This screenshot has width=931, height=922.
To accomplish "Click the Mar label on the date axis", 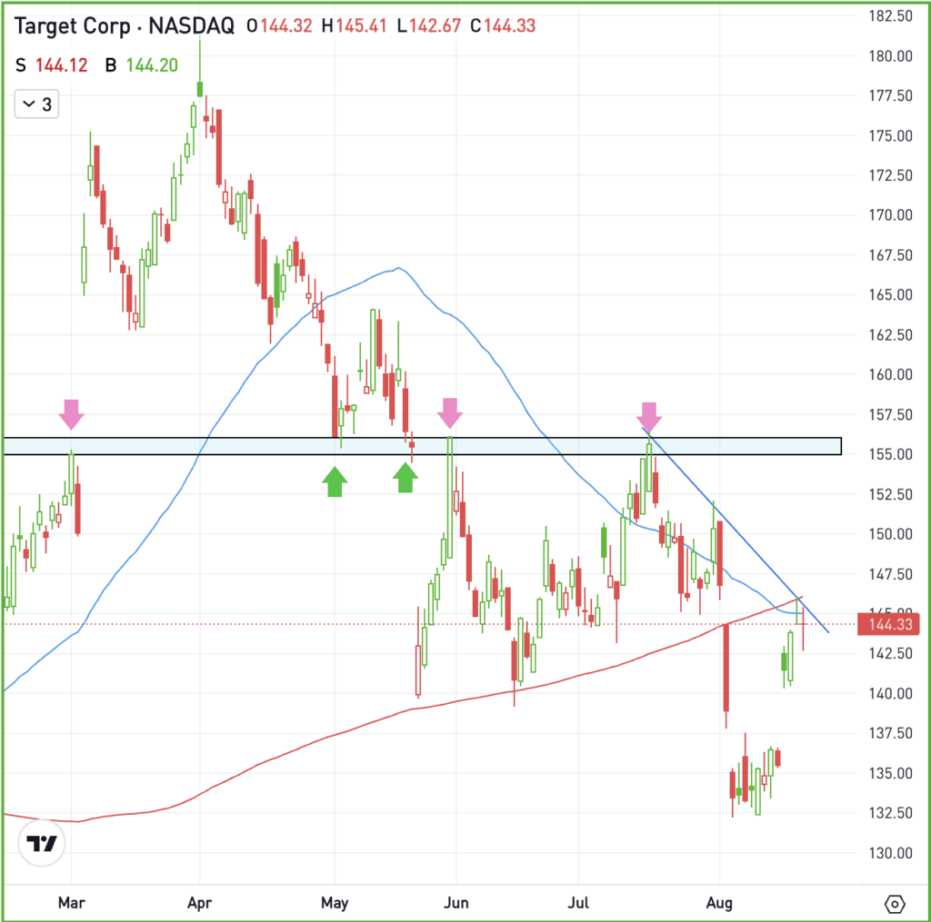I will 71,903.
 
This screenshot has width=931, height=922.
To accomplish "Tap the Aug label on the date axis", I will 719,903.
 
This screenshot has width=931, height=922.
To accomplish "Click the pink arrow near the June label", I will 449,413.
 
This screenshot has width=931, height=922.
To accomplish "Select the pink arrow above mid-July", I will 649,415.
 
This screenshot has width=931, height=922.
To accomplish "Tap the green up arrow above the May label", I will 335,481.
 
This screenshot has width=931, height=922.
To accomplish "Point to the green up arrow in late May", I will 405,477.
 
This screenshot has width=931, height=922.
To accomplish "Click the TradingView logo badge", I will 43,843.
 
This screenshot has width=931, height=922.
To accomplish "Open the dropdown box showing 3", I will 36,104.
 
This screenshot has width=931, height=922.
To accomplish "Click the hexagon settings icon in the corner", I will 895,904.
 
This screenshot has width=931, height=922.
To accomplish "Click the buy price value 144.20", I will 151,64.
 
